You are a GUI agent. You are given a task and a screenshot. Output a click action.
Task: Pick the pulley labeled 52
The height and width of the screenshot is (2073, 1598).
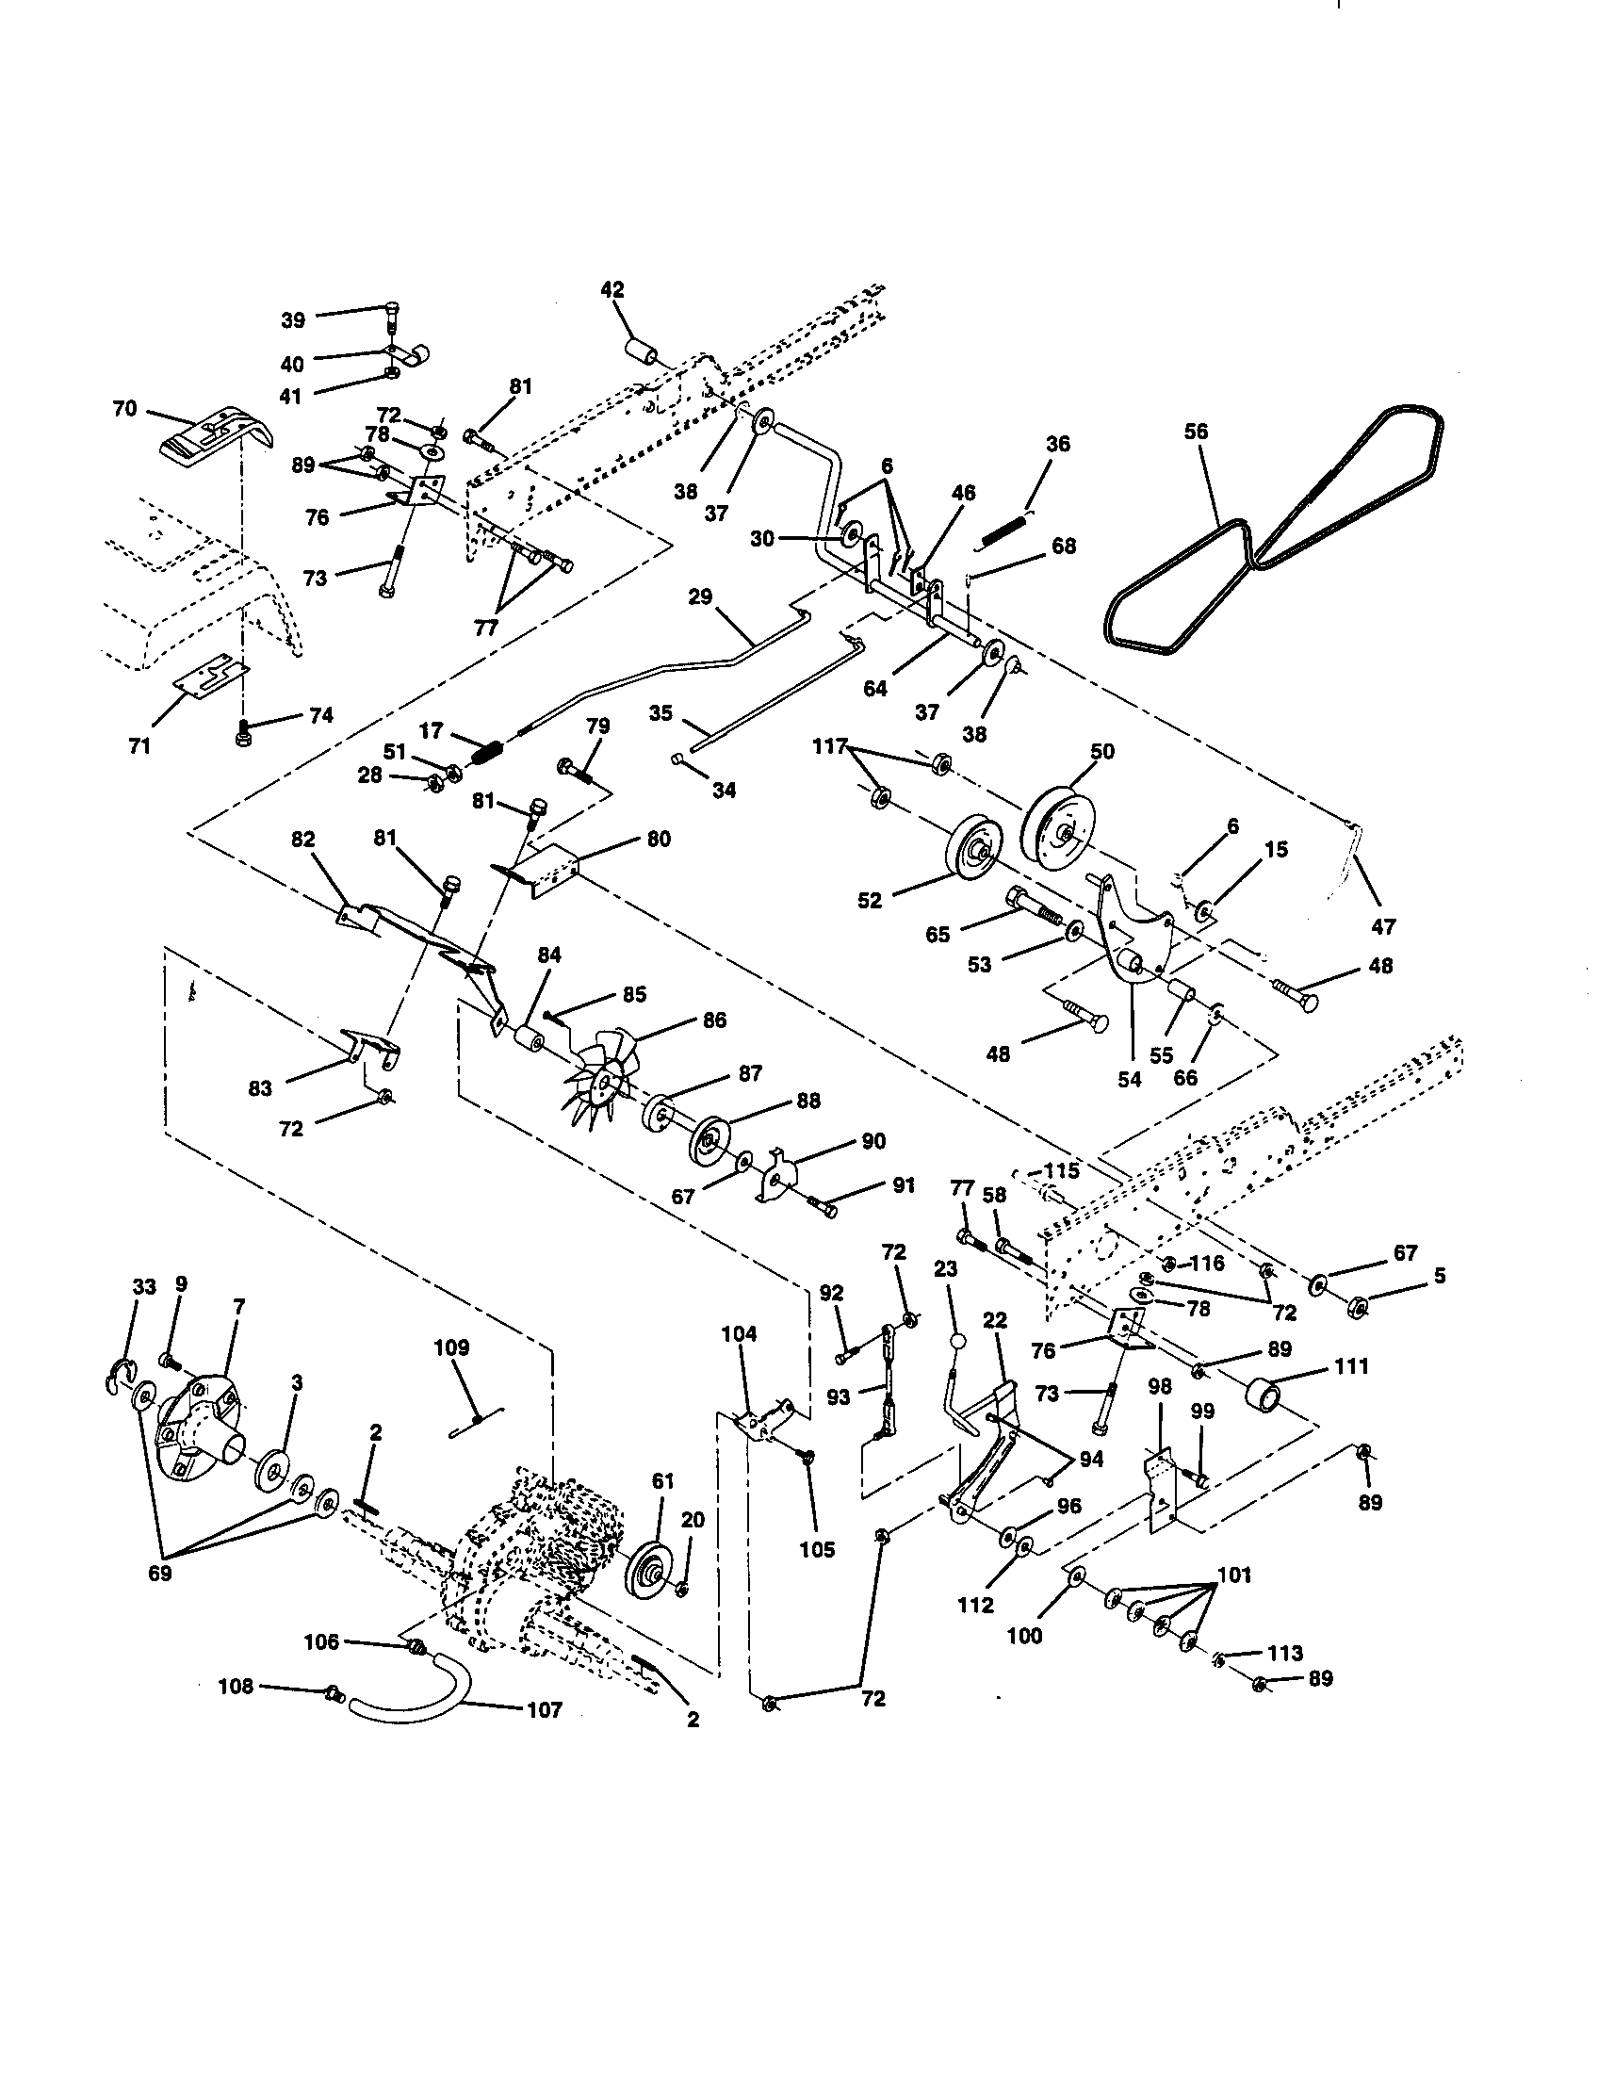tap(976, 853)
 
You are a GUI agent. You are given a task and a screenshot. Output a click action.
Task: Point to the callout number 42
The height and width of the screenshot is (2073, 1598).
tap(612, 289)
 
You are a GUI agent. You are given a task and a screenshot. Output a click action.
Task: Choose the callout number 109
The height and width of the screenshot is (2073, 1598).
tap(450, 1347)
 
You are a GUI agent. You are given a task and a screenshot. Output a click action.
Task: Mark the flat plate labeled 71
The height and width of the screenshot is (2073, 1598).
tap(212, 675)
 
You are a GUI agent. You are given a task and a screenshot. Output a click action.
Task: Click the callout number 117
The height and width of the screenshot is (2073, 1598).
tap(828, 747)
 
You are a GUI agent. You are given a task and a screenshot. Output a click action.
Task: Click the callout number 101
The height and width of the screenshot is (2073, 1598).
tap(1233, 1575)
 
